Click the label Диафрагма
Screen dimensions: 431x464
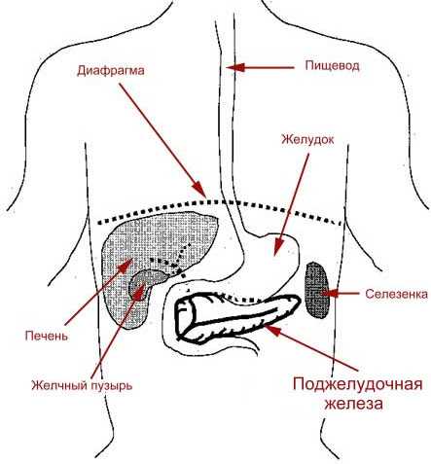coord(110,71)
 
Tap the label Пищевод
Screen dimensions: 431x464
coord(332,66)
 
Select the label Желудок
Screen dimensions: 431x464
coord(307,140)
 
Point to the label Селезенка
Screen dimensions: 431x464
coord(396,294)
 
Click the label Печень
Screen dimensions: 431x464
coord(47,336)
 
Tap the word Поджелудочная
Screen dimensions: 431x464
coord(358,385)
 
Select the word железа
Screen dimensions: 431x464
coord(354,404)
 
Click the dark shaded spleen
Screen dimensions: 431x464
coord(317,290)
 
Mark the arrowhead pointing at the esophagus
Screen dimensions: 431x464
coord(234,67)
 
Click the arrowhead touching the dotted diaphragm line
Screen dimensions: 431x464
coord(198,190)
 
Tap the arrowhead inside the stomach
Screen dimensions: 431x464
coord(277,248)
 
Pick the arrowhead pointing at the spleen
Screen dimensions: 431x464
coord(330,294)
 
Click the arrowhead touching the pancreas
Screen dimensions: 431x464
coord(272,330)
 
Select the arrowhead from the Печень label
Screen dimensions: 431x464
coord(126,265)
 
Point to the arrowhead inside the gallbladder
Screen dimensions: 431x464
coord(140,291)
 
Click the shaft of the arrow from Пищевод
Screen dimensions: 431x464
coord(269,68)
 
